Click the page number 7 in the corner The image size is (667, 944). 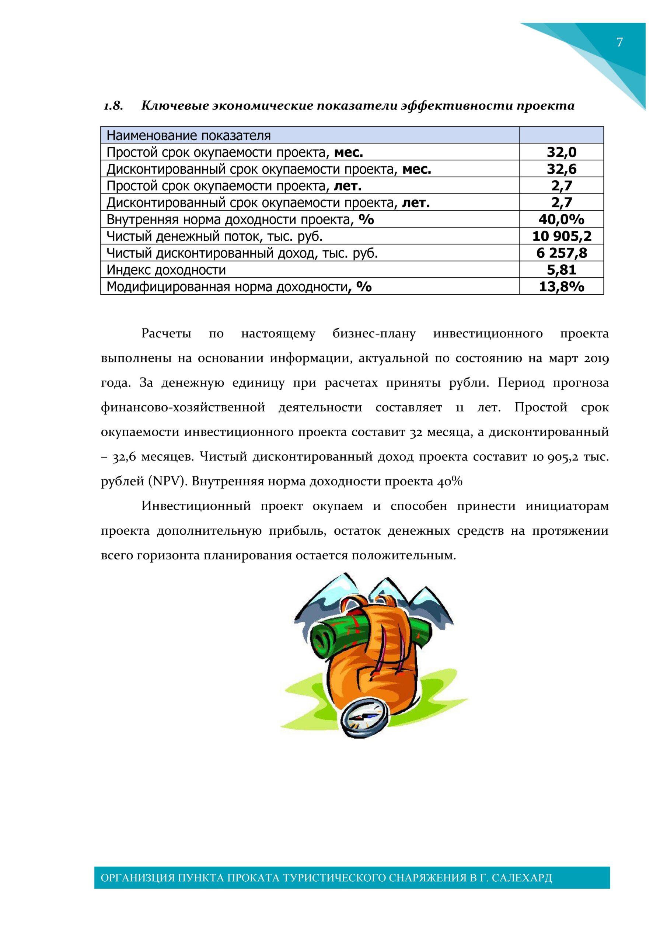pos(619,42)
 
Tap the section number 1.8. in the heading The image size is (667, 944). pos(113,106)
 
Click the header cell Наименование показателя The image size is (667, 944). pos(189,135)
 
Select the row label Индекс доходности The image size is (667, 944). pos(166,270)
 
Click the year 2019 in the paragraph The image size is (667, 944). pos(596,358)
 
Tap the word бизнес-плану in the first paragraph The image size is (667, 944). pos(374,334)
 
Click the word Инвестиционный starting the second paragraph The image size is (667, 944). pos(196,506)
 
